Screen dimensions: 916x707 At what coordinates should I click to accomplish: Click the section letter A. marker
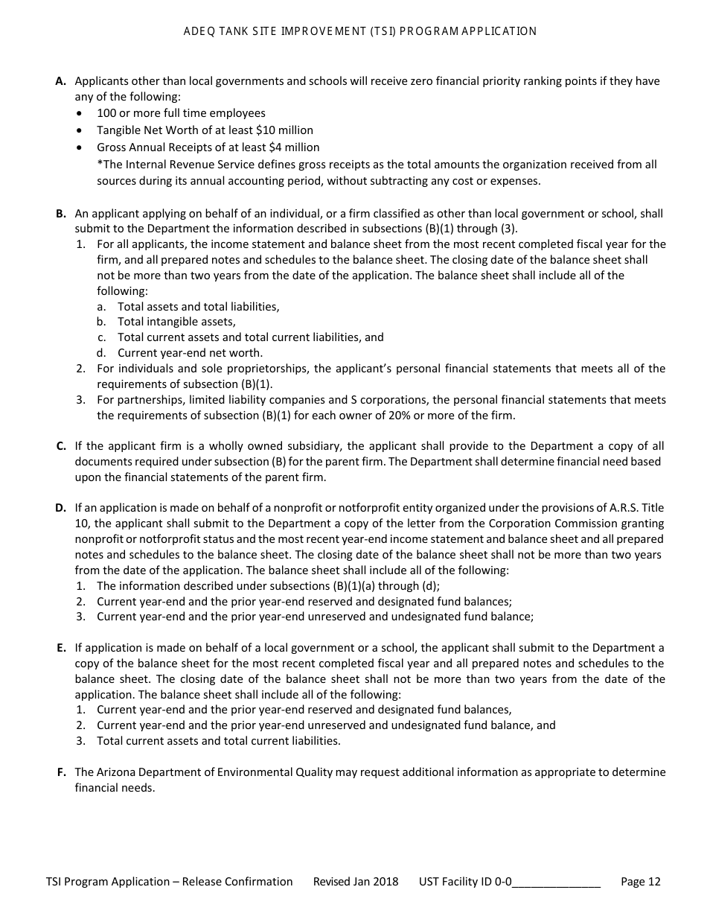(61, 81)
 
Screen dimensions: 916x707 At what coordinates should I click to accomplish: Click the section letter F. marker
(61, 772)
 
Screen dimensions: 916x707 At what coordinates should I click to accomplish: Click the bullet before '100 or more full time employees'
(80, 113)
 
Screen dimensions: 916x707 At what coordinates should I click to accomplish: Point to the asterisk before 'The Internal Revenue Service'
(99, 164)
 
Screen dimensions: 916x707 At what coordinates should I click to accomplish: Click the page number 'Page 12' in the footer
(640, 882)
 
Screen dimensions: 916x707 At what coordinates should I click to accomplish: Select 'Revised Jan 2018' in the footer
(355, 882)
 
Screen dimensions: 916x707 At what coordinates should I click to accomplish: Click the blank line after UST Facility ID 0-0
(556, 882)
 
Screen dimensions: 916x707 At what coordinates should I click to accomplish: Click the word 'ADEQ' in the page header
(197, 31)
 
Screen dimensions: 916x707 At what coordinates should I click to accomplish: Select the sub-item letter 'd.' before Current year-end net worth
(100, 353)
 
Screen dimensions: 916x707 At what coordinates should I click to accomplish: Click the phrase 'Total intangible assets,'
(176, 322)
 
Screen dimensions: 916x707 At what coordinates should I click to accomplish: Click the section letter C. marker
(61, 446)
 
